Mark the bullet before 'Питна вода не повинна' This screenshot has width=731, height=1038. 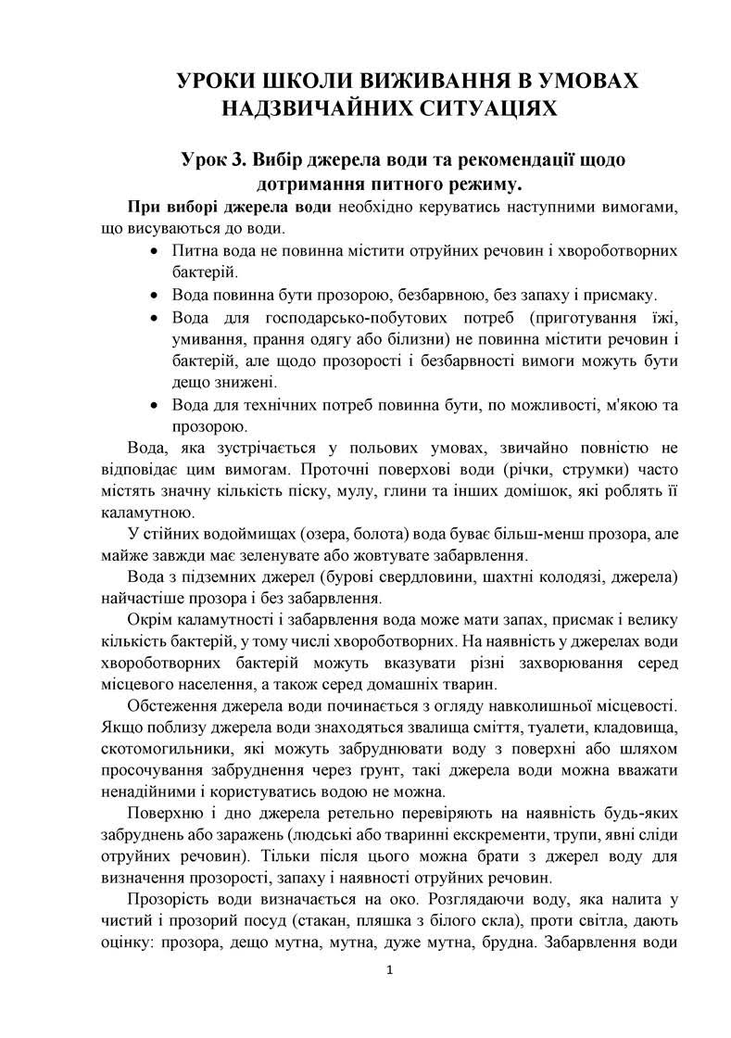pos(153,251)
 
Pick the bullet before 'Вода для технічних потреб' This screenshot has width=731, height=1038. pos(153,405)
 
